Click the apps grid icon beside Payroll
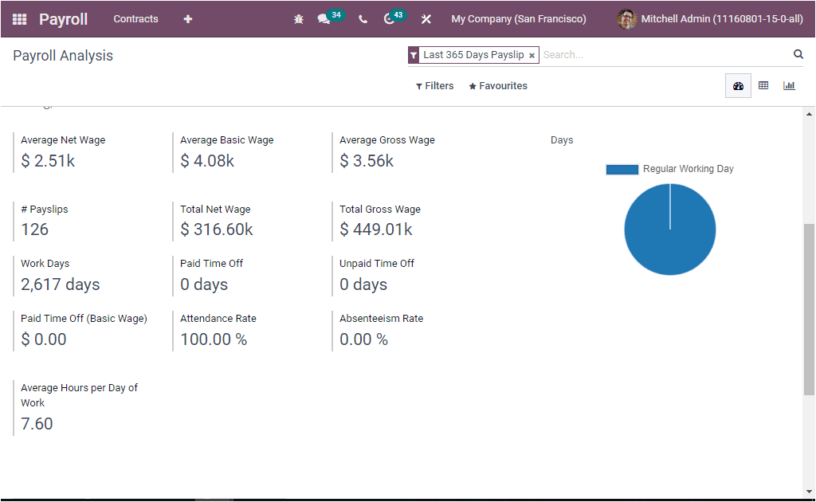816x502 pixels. point(20,19)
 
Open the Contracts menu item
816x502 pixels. point(135,19)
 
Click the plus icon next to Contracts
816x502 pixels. point(187,19)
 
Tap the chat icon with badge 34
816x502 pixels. point(324,19)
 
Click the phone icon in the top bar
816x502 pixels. point(363,19)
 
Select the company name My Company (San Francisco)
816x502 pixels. point(518,19)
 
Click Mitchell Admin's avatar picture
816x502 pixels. point(627,19)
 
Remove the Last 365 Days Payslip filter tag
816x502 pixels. point(532,56)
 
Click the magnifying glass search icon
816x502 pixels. point(798,54)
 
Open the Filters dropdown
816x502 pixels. point(435,86)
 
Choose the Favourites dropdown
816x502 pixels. point(498,86)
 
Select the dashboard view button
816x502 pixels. point(738,86)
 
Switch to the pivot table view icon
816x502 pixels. point(763,86)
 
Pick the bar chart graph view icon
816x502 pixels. point(789,86)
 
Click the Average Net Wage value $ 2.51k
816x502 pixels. point(48,161)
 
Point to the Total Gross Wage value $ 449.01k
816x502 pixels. point(376,229)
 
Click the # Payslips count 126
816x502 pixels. point(35,229)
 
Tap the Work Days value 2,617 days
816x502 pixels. point(61,284)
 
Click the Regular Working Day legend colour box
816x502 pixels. point(622,169)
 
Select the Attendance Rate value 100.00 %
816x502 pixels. point(214,339)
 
